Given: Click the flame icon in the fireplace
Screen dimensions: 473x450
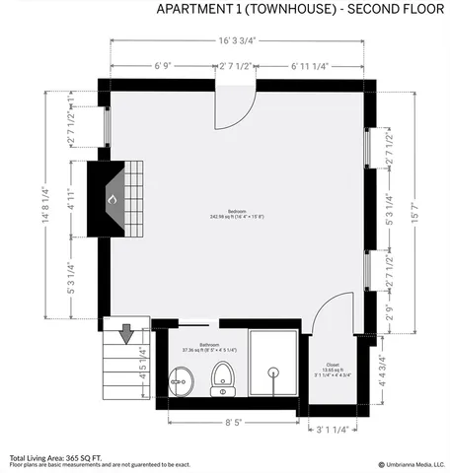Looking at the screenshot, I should point(112,199).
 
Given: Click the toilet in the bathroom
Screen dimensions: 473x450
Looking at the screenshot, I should point(224,377).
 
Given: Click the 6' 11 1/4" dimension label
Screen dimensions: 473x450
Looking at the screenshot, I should point(310,66).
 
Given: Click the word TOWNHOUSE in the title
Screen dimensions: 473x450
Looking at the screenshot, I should point(278,9).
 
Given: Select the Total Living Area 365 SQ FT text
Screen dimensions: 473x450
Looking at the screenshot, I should point(56,457).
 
